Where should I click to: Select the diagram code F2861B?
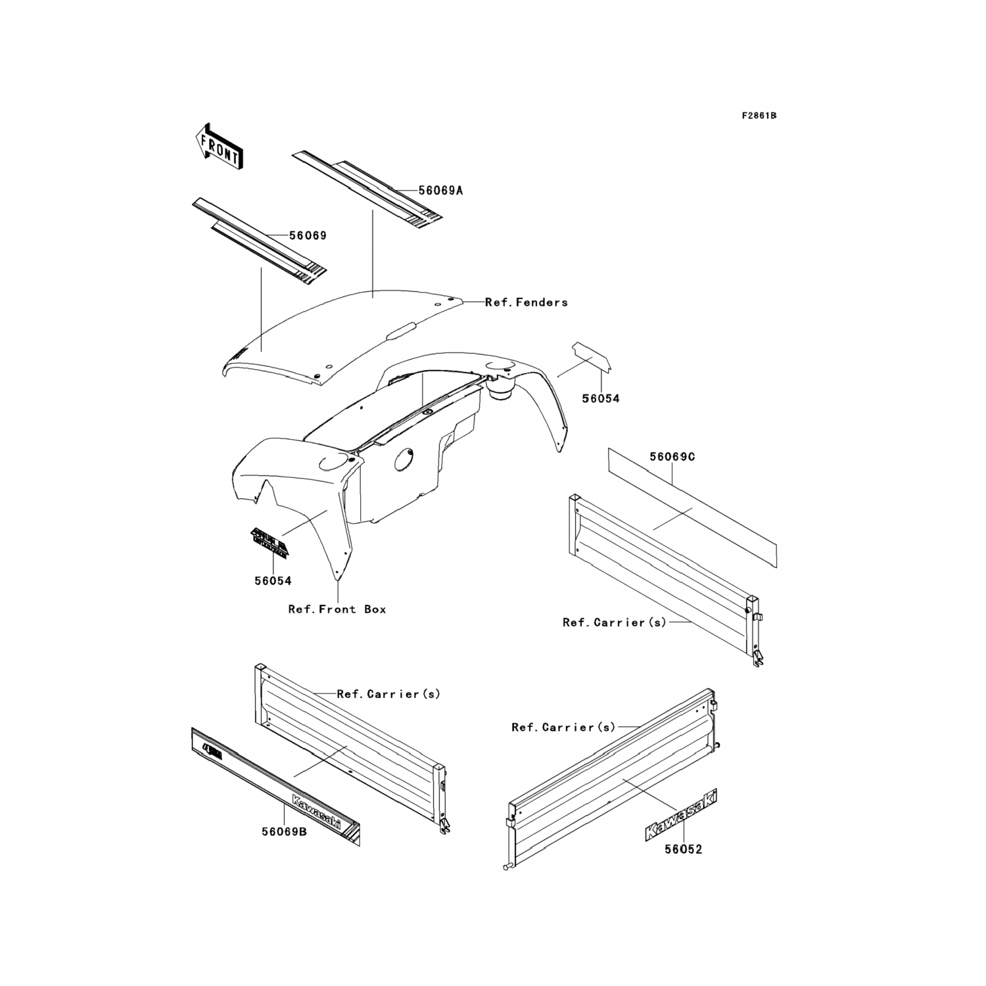pyautogui.click(x=759, y=116)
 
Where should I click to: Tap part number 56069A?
pyautogui.click(x=441, y=191)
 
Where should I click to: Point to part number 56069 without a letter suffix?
pyautogui.click(x=308, y=235)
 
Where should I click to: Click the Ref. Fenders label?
pyautogui.click(x=526, y=302)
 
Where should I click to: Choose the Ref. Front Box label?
pyautogui.click(x=337, y=609)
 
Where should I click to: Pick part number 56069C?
pyautogui.click(x=672, y=457)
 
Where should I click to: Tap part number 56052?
pyautogui.click(x=683, y=849)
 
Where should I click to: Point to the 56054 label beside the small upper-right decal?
pyautogui.click(x=600, y=398)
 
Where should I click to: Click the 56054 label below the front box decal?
pyautogui.click(x=273, y=581)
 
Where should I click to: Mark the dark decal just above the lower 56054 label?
pyautogui.click(x=268, y=541)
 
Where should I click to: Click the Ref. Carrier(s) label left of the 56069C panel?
pyautogui.click(x=614, y=622)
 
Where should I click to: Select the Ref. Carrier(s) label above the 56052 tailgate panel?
pyautogui.click(x=563, y=728)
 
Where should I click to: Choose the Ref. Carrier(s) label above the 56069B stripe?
pyautogui.click(x=388, y=694)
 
